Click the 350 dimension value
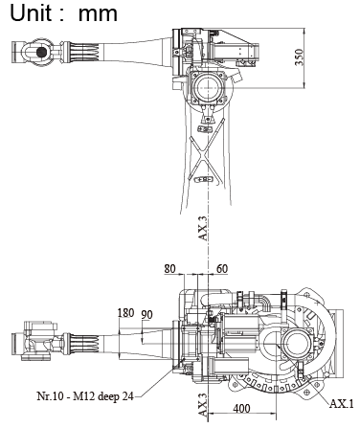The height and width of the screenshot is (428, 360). [299, 57]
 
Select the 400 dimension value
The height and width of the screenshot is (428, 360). [241, 409]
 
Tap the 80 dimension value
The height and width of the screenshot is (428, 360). [169, 269]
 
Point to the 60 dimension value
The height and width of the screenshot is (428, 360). [222, 269]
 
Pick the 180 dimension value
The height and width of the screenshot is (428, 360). [125, 313]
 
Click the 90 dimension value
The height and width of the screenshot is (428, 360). [146, 315]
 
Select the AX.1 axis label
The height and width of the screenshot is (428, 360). [342, 404]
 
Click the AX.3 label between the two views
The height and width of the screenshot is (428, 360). [203, 229]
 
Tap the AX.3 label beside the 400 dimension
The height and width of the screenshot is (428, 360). [203, 405]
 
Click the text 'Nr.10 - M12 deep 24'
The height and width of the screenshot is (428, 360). [85, 396]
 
